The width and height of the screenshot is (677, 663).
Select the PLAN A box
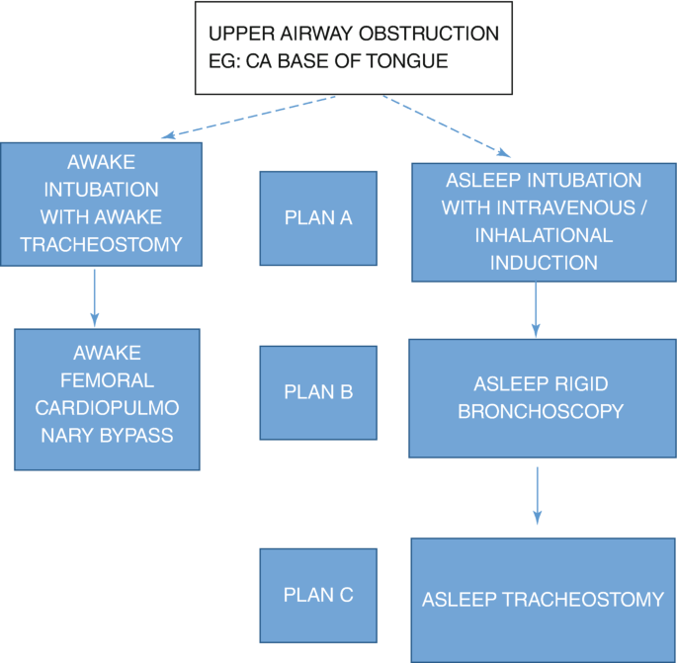(x=318, y=218)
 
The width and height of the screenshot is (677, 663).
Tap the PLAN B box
(x=318, y=392)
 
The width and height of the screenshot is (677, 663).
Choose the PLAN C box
(x=318, y=596)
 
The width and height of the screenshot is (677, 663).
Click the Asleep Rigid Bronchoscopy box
(x=541, y=398)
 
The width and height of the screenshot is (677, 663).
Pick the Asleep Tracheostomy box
(x=543, y=600)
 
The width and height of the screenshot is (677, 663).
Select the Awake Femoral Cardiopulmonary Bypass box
(x=108, y=399)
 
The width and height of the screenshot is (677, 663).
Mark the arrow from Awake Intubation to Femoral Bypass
(x=95, y=295)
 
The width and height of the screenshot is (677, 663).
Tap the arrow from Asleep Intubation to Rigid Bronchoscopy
(x=536, y=308)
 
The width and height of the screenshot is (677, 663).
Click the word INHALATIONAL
(x=543, y=236)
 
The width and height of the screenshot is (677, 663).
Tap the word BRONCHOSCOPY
(x=541, y=411)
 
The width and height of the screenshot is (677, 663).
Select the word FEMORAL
(x=108, y=380)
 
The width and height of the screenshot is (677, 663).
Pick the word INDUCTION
(x=543, y=263)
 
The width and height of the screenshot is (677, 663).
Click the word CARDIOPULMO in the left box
(x=108, y=407)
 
